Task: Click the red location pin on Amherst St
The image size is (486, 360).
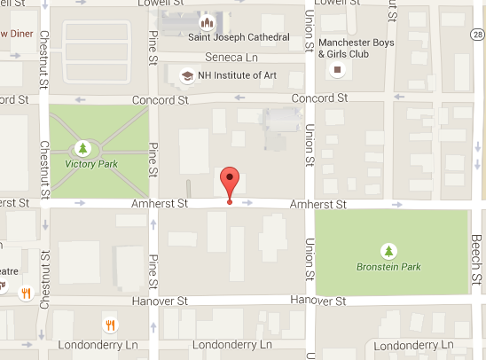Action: [x=231, y=182]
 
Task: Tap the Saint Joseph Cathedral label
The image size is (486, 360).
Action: [x=239, y=37]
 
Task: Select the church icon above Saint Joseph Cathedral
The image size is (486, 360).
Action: [x=207, y=19]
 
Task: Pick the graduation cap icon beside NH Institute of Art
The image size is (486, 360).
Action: [x=186, y=75]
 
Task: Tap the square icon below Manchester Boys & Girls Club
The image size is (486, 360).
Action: [x=337, y=71]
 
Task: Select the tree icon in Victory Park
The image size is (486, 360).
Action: [x=83, y=147]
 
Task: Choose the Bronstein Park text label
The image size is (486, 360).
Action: [x=388, y=266]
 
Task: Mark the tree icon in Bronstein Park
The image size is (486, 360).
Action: [x=388, y=249]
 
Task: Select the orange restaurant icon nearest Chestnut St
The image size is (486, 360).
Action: [x=26, y=291]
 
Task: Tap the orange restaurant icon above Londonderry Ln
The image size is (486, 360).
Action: [x=109, y=324]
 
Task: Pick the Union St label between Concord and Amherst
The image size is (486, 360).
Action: [x=310, y=138]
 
